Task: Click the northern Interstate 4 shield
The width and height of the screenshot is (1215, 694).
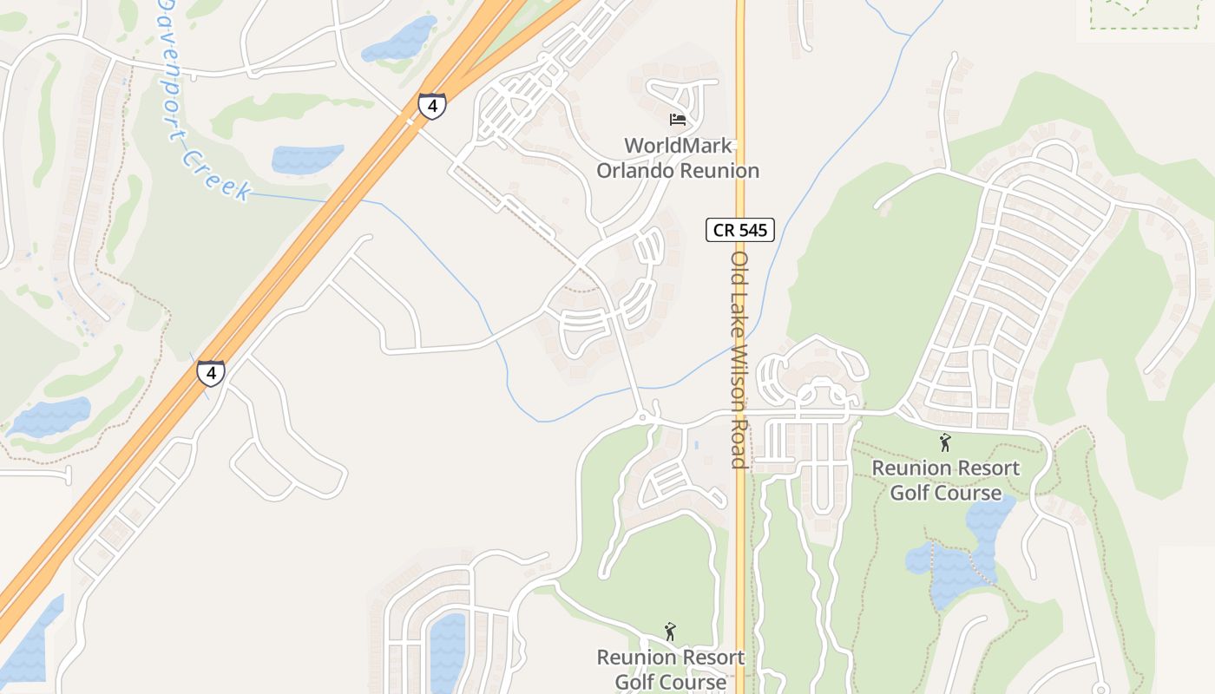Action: click(432, 106)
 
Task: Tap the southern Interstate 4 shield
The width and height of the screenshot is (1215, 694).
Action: click(210, 372)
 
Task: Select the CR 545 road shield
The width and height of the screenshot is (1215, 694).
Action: click(739, 230)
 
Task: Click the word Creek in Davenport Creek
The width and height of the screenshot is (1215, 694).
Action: click(217, 174)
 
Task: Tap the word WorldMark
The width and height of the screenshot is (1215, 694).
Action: click(678, 146)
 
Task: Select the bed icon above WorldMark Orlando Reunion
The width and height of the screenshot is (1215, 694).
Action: click(678, 119)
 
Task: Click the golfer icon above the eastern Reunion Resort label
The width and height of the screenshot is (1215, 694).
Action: click(945, 442)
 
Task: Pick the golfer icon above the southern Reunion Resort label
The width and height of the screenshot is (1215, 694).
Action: click(669, 631)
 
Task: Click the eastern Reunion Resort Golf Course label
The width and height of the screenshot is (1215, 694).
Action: click(945, 481)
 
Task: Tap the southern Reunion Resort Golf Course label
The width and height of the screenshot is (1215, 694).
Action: click(670, 670)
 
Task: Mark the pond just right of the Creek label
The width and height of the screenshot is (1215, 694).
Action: click(307, 159)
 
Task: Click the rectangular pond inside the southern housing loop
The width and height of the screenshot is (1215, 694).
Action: click(448, 651)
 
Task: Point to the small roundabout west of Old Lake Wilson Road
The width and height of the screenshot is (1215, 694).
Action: click(642, 418)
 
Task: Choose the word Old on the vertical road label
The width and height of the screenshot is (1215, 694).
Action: click(739, 268)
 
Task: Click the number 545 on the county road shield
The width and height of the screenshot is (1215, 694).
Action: click(752, 230)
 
